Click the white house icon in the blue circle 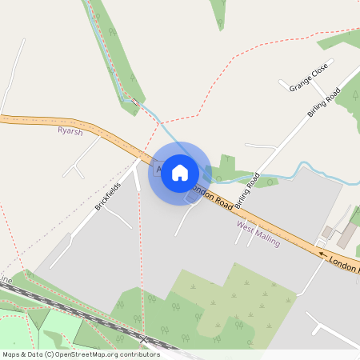click(x=180, y=173)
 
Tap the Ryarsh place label click(x=70, y=131)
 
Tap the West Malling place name click(x=258, y=235)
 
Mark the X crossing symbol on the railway click(x=143, y=340)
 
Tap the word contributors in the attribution click(x=139, y=354)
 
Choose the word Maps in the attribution click(x=11, y=354)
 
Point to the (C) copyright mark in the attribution click(x=49, y=354)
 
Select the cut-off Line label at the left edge click(x=6, y=281)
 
